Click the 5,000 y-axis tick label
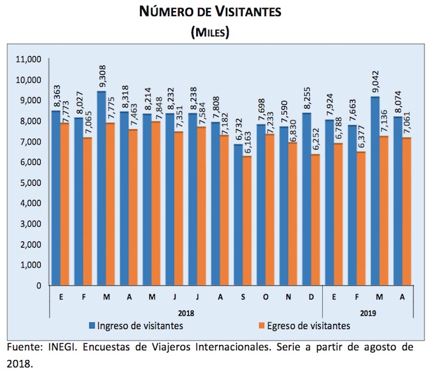tap(29, 183)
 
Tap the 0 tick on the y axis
tap(38, 286)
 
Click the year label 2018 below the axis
tap(185, 312)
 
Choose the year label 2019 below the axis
tap(368, 312)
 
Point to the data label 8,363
tap(56, 98)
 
